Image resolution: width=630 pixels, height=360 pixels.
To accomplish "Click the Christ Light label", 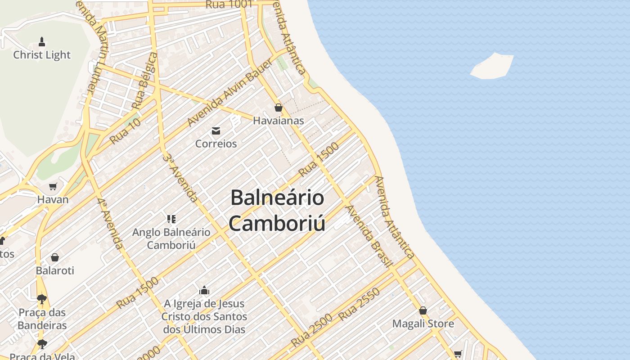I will point(42,55).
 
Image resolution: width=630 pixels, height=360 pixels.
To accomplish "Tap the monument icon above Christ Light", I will point(42,42).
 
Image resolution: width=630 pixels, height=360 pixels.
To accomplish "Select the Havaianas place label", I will point(278,121).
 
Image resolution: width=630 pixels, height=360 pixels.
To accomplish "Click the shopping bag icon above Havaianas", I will point(278,108).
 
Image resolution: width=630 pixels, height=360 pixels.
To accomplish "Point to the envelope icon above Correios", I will point(216,131).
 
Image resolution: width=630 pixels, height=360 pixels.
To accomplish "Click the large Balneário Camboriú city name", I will point(277,211).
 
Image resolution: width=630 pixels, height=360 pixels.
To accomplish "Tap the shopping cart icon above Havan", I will point(53,186).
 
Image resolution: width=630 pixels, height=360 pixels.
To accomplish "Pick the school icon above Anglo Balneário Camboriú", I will point(171,219).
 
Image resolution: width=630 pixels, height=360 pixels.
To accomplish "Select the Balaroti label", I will point(55,270).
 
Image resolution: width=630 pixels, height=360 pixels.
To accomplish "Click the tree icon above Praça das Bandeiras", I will point(42,299).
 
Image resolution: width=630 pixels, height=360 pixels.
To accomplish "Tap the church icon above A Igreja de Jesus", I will point(204,290).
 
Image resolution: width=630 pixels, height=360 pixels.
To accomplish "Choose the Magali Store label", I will point(423,324).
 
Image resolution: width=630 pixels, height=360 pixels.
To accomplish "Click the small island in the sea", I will point(492,66).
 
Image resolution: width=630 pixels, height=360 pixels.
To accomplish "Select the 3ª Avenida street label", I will point(180,178).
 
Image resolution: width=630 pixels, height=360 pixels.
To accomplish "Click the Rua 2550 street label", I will point(359,304).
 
